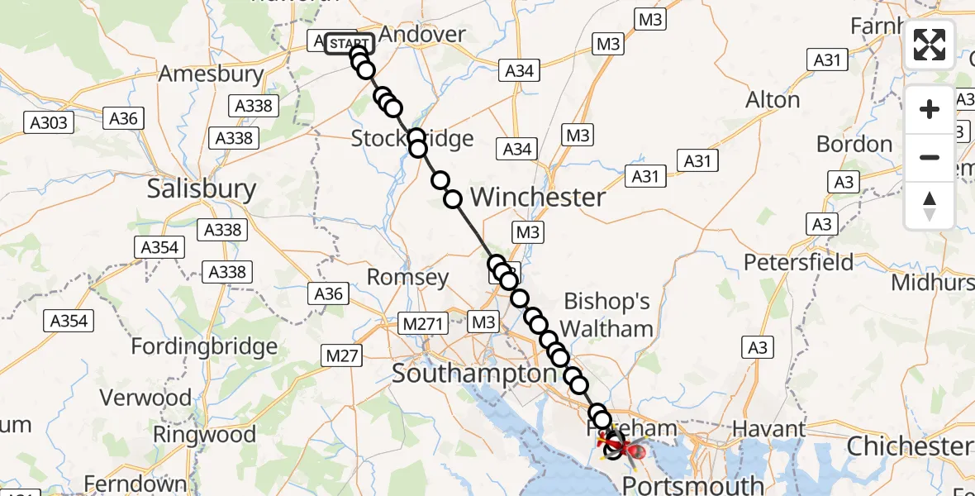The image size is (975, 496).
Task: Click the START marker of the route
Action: pos(349,43)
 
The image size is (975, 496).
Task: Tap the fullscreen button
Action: pos(930,45)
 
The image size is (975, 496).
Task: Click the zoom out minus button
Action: pos(930,157)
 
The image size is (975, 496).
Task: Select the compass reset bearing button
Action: pos(930,205)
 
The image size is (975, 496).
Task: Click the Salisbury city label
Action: pos(202,189)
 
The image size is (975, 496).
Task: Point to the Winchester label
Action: pos(538,198)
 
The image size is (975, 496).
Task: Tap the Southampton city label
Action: pos(474,374)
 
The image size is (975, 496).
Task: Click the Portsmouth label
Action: pos(693,484)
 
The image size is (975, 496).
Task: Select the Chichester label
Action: pos(908,446)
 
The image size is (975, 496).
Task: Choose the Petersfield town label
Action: pos(799,263)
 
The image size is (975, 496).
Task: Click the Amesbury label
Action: pos(211,74)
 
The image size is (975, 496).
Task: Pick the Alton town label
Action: pos(773,100)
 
